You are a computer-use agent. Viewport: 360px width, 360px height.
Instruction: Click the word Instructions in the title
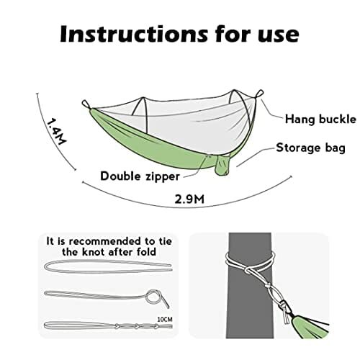click(x=134, y=34)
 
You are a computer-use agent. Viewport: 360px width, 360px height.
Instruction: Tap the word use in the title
click(x=279, y=36)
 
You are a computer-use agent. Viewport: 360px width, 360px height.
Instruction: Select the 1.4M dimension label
click(x=55, y=132)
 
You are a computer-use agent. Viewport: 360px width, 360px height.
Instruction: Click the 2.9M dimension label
click(x=189, y=199)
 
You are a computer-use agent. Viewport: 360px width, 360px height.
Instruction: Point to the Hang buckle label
click(x=320, y=120)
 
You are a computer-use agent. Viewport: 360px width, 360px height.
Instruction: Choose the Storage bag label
click(x=310, y=148)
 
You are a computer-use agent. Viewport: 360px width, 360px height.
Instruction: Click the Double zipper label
click(x=140, y=176)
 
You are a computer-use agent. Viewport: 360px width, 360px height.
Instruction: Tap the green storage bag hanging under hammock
click(x=222, y=164)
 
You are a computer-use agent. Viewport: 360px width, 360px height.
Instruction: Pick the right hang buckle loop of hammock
click(x=259, y=94)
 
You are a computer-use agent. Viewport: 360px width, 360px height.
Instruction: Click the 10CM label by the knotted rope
click(x=165, y=320)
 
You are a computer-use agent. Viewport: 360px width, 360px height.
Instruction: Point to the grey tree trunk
click(x=250, y=285)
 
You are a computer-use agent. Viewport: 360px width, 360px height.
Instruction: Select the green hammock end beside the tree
click(x=312, y=327)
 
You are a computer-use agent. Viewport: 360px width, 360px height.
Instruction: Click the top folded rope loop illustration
click(x=108, y=266)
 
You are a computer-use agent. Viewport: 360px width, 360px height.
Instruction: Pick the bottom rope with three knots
click(x=108, y=326)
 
